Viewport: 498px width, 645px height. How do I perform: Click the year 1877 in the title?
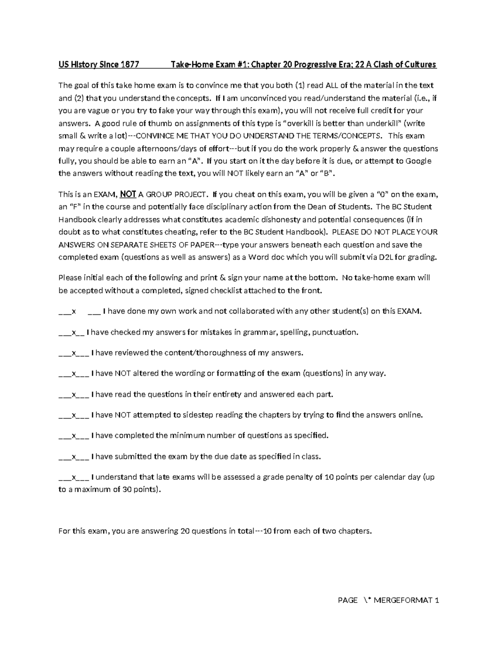129,64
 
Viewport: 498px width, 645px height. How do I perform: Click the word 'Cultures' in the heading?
418,64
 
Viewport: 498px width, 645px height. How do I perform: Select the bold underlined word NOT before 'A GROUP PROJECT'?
128,194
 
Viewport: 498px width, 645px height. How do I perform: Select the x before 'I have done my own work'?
74,311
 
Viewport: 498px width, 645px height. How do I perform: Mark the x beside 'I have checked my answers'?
74,332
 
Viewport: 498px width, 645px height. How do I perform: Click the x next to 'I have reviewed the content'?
74,353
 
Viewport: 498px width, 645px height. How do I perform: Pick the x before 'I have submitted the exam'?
74,456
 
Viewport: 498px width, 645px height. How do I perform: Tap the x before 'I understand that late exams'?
74,477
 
